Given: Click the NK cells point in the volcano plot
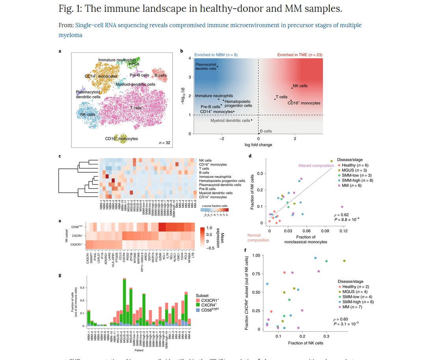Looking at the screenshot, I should click(x=292, y=88).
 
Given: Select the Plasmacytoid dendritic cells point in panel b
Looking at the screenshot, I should click(x=217, y=67).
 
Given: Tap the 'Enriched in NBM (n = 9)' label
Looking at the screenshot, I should click(x=216, y=54).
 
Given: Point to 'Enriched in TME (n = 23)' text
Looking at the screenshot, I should click(x=300, y=54).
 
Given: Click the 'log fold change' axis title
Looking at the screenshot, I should click(x=258, y=145).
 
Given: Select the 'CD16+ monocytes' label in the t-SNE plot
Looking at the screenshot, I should click(x=121, y=139).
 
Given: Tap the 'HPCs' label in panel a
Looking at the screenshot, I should click(x=134, y=64).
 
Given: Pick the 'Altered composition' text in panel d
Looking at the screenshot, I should click(x=316, y=166).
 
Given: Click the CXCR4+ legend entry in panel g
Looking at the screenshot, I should click(x=209, y=305).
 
